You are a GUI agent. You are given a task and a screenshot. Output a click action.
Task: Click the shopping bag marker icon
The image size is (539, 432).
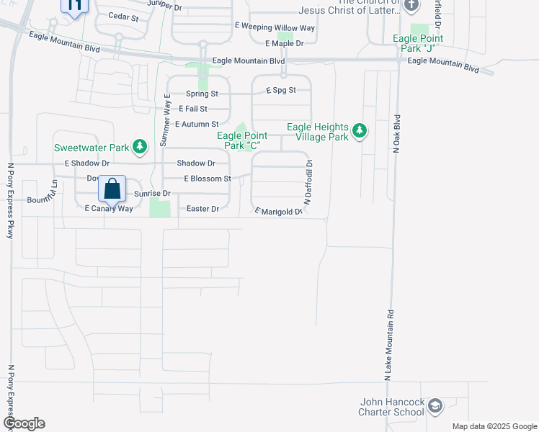(x=112, y=189)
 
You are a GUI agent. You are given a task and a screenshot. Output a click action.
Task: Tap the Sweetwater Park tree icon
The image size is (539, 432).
(x=141, y=148)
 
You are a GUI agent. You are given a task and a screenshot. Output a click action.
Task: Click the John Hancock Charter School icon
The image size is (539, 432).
(x=435, y=407)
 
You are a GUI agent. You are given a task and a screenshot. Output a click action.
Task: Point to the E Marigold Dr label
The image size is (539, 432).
(x=277, y=211)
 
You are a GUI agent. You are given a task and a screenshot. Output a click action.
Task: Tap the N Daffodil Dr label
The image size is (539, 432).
(x=308, y=184)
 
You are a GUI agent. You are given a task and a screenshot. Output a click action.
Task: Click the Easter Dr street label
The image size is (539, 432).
(x=202, y=209)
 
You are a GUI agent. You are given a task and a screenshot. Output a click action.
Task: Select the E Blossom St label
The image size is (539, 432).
(x=208, y=179)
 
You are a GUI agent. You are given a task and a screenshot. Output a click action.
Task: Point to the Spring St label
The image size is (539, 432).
(x=202, y=94)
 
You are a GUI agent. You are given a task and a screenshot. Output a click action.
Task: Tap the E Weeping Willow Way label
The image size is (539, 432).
(x=275, y=27)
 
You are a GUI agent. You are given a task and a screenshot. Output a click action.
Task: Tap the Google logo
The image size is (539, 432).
(x=24, y=423)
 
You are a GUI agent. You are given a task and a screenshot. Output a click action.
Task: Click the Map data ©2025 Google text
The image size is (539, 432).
(x=493, y=426)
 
